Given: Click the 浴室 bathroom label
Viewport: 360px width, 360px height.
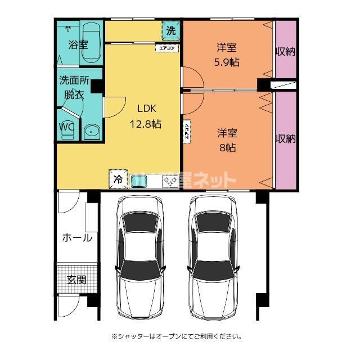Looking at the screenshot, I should click(78, 44).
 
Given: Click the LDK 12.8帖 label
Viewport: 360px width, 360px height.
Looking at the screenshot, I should click(146, 116).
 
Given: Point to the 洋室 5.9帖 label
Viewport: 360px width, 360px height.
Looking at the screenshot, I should click(227, 54).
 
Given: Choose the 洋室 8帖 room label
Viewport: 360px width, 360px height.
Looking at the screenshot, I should click(227, 141).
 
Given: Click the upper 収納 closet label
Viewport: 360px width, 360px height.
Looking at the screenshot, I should click(285, 52).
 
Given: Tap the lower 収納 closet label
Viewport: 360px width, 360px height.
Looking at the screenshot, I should click(285, 138).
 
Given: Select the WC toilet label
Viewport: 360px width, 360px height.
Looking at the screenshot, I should click(67, 127).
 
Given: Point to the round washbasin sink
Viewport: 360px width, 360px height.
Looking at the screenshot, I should click(91, 132).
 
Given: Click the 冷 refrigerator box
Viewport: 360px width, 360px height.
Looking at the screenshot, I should click(118, 179).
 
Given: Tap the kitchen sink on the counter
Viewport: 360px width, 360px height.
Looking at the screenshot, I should click(139, 181).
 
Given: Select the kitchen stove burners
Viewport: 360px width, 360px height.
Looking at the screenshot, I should click(170, 181).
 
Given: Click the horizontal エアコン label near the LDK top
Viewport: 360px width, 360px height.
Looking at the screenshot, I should click(168, 48).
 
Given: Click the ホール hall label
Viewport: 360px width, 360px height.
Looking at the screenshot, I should click(76, 237).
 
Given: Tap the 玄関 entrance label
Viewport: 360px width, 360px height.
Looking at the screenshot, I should click(76, 279).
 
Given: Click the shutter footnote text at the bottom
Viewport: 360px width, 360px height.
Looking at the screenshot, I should click(177, 336).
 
